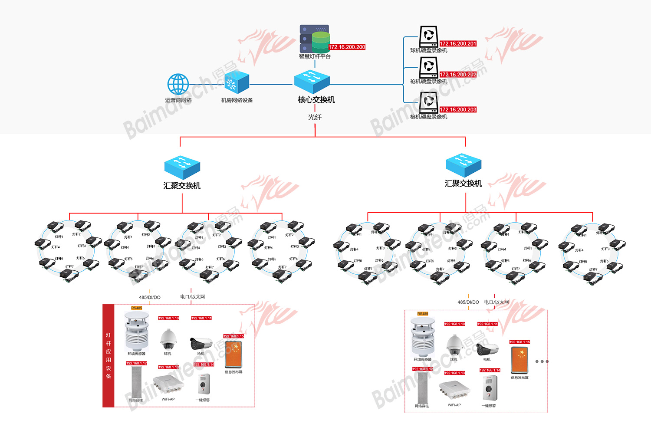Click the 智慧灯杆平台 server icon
(315, 39)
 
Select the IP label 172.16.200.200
(347, 47)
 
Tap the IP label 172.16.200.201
(458, 44)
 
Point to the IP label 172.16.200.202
(458, 75)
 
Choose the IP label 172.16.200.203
(458, 110)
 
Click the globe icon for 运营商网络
(178, 84)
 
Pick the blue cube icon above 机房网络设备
(237, 82)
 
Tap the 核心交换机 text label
(316, 100)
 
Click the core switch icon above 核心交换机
(312, 81)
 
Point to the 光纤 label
(315, 117)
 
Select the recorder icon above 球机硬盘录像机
(428, 36)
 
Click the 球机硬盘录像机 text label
(428, 51)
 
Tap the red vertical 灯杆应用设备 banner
(108, 355)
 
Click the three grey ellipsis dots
(542, 361)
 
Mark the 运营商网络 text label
(178, 100)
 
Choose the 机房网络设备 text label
(237, 100)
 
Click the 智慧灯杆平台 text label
(315, 56)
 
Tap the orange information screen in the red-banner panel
(233, 354)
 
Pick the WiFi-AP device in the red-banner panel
(168, 384)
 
